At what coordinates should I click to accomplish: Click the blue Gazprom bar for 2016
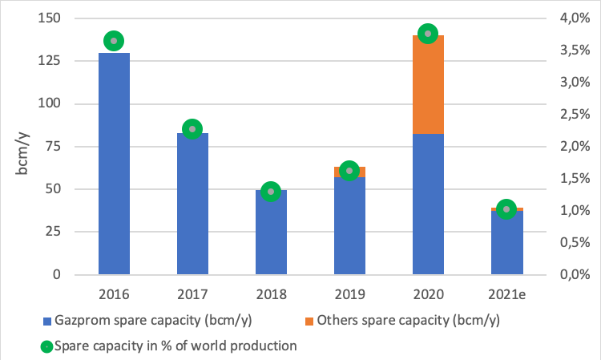coord(114,164)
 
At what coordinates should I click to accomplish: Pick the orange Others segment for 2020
coord(428,84)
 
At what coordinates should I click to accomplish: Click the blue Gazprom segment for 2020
coord(428,204)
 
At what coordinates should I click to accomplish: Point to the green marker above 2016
coord(114,41)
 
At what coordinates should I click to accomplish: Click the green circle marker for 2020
coord(428,34)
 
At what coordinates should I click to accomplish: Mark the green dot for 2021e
coord(506,209)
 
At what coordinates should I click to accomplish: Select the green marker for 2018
coord(271,192)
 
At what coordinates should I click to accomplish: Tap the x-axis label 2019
coord(349,293)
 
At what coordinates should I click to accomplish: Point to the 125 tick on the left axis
coord(56,61)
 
